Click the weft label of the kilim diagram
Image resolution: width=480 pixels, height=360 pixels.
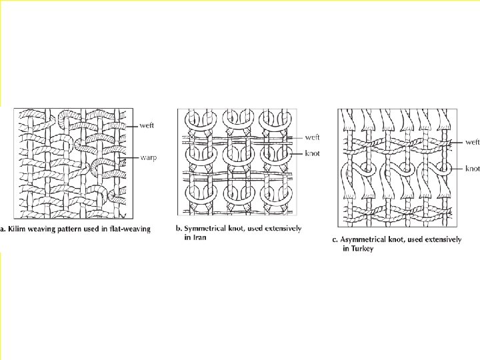tap(148, 125)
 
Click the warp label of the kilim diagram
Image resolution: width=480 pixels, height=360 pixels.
tap(149, 158)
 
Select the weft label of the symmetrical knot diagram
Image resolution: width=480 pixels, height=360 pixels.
tap(312, 137)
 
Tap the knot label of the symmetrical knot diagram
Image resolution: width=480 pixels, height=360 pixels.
tap(312, 154)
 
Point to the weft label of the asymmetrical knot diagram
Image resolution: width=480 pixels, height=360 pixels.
tap(473, 142)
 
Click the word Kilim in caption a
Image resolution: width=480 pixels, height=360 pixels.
tap(17, 229)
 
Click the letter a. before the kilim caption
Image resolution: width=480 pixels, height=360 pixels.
tap(4, 229)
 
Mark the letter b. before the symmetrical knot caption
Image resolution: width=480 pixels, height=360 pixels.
tap(179, 228)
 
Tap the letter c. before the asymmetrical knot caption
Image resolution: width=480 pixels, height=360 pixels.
tap(335, 240)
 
